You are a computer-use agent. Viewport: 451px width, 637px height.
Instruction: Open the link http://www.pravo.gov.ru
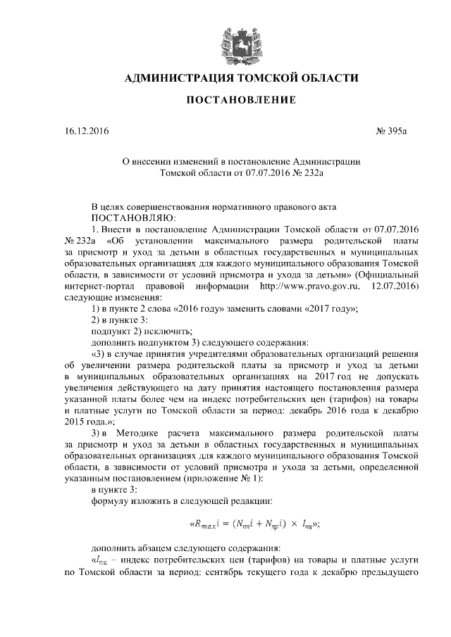(310, 287)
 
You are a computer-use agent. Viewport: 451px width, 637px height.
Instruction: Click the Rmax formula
(254, 523)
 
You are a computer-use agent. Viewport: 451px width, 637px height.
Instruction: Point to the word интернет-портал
(97, 287)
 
